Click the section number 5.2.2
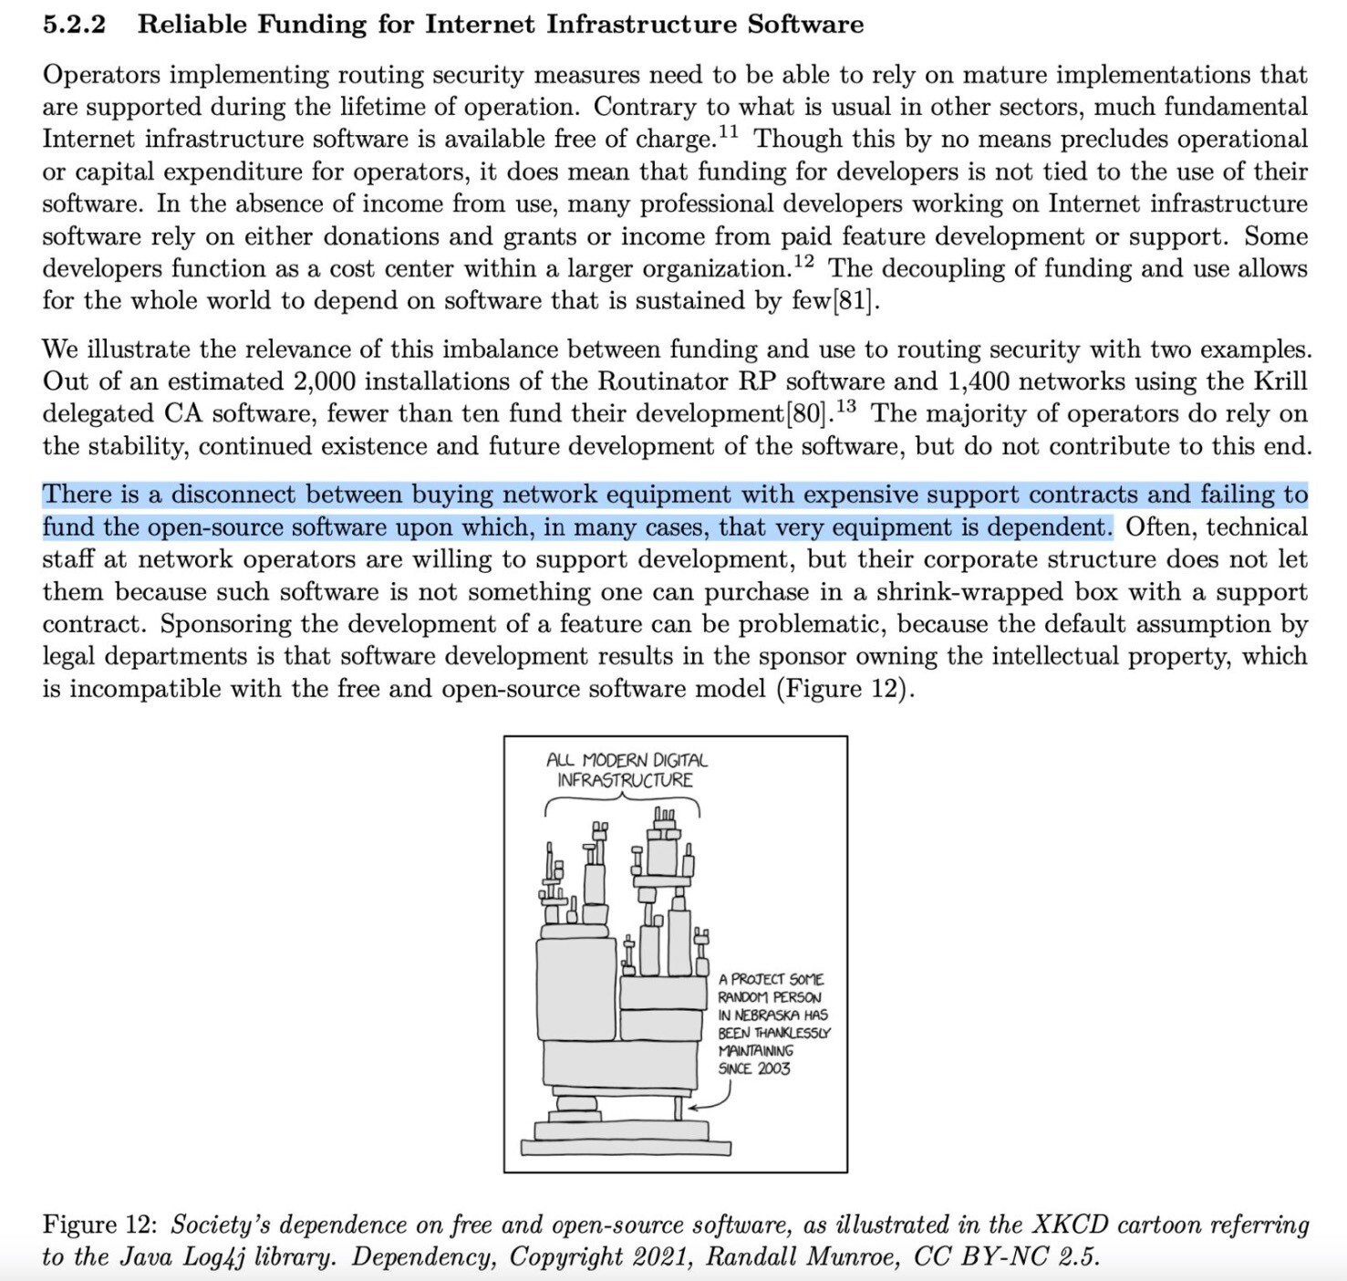(74, 25)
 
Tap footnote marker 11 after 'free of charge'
(728, 132)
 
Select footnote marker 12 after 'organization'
(803, 262)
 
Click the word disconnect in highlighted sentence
(233, 495)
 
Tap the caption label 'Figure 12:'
(100, 1224)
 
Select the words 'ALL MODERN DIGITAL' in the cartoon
(627, 760)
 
